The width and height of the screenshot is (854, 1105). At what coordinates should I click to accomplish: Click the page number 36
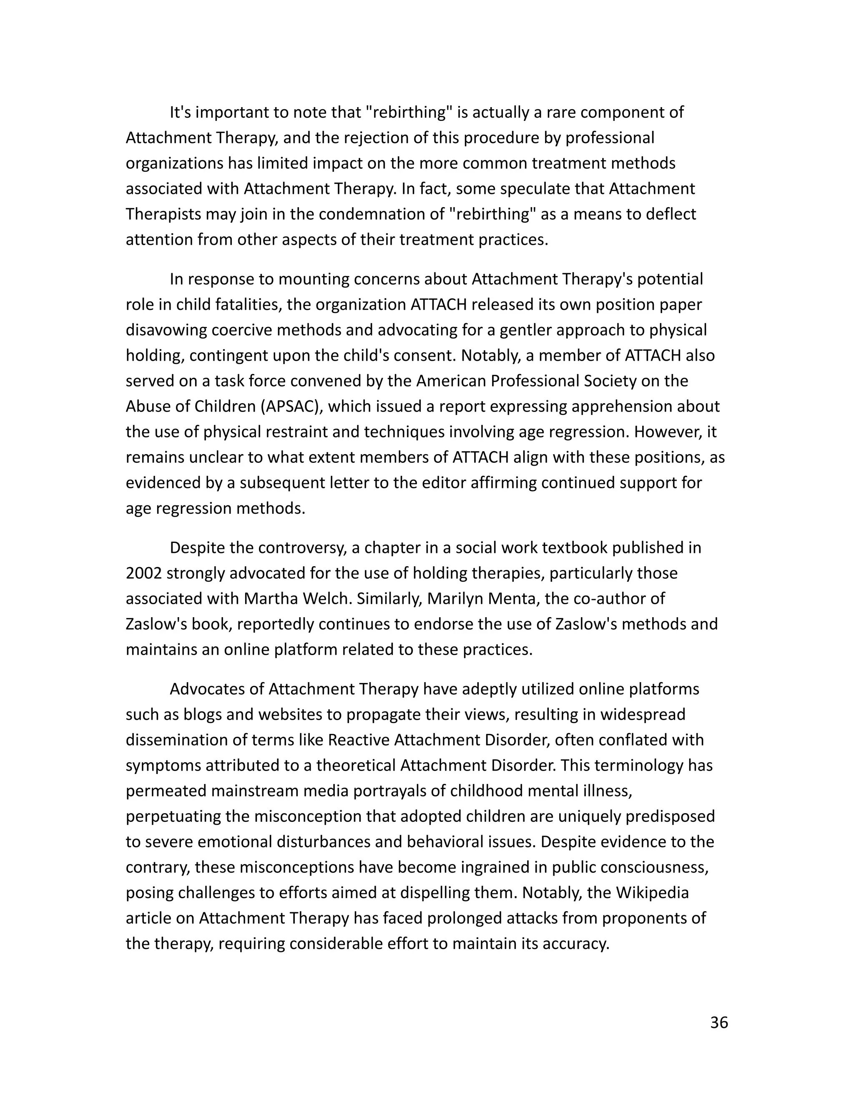click(719, 1022)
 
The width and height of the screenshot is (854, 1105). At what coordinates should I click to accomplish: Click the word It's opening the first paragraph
click(181, 112)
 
